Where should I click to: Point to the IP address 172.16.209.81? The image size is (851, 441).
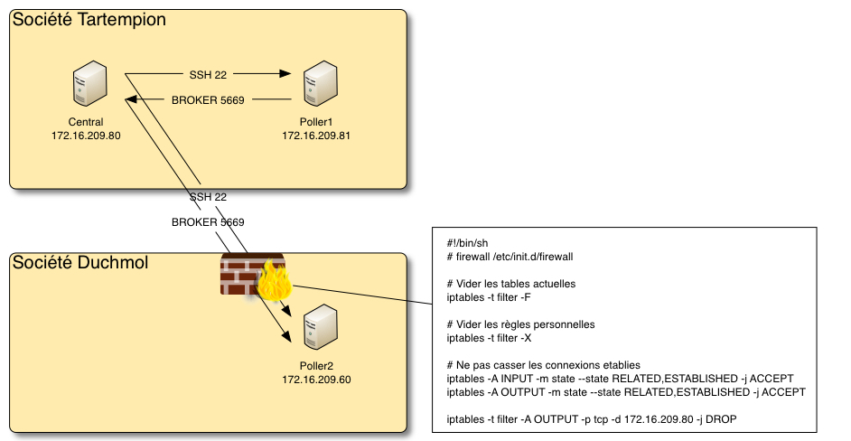point(316,136)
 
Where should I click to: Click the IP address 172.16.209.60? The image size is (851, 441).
point(316,380)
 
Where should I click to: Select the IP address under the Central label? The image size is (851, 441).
point(86,136)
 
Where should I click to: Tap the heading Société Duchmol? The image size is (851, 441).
point(79,263)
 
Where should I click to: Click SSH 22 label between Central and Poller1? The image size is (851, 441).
point(208,75)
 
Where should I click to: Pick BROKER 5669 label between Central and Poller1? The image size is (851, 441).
point(208,99)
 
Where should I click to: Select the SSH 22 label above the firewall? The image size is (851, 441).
point(208,197)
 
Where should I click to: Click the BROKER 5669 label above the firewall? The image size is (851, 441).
point(208,221)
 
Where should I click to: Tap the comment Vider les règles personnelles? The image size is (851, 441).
point(521,324)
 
